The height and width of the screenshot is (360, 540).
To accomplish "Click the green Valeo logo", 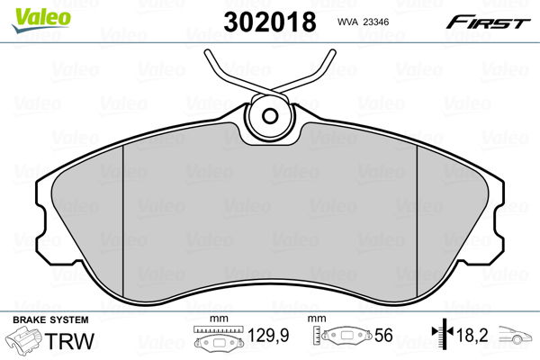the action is click(41, 20).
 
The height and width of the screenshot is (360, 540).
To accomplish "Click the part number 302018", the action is click(270, 22).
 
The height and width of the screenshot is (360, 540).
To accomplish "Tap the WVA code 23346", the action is click(376, 22).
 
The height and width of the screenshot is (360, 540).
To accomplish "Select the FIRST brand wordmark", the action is click(488, 22).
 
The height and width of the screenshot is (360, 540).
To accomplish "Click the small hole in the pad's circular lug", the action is click(270, 116).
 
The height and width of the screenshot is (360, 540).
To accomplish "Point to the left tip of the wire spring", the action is click(208, 53).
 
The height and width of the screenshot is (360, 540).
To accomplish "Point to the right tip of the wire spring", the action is click(332, 52).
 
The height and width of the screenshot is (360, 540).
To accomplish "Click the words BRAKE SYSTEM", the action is click(50, 319).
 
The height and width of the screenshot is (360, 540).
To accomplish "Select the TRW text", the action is click(69, 341).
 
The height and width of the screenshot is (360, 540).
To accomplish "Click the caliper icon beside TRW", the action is click(23, 338).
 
